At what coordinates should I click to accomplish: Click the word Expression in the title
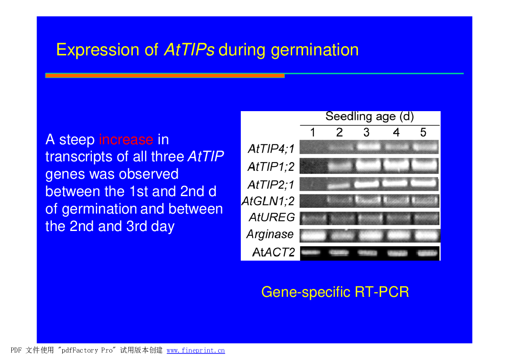[x=98, y=51]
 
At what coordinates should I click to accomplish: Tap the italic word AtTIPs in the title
[x=189, y=50]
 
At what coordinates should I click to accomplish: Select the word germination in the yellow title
[x=315, y=51]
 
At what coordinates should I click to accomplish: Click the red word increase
[x=126, y=139]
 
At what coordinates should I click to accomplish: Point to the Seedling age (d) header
[x=369, y=117]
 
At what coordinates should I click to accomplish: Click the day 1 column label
[x=313, y=132]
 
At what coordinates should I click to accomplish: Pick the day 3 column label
[x=367, y=132]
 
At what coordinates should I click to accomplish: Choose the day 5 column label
[x=423, y=132]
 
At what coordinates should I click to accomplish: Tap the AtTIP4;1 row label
[x=271, y=149]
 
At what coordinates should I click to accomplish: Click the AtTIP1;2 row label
[x=271, y=166]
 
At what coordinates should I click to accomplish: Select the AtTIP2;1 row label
[x=271, y=184]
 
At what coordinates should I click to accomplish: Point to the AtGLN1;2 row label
[x=268, y=201]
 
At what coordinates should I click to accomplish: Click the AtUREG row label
[x=272, y=217]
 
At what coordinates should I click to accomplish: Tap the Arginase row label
[x=270, y=234]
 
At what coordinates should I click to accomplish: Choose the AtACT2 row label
[x=273, y=252]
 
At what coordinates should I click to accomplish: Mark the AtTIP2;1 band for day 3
[x=367, y=184]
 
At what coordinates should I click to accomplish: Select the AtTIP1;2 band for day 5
[x=425, y=165]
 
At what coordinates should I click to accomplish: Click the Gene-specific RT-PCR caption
[x=335, y=292]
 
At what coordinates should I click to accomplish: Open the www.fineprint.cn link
[x=196, y=350]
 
